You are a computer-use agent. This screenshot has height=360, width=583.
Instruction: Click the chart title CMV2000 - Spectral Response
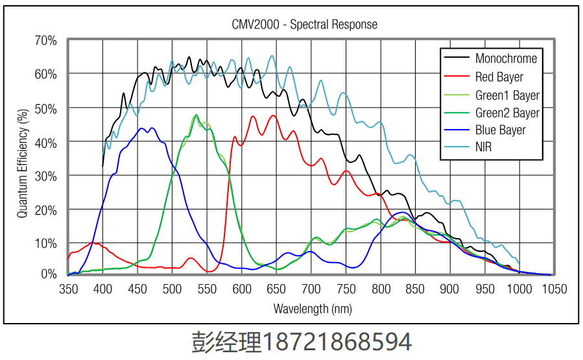(304, 25)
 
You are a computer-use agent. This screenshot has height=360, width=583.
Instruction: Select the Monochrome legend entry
(506, 58)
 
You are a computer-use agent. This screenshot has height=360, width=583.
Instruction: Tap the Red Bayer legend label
(499, 77)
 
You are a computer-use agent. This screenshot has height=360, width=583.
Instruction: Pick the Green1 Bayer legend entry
(507, 95)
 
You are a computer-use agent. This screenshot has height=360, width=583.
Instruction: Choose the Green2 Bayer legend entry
(507, 113)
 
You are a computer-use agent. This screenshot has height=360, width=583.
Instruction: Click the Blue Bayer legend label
(500, 130)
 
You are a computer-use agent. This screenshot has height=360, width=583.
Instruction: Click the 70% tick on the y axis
(46, 40)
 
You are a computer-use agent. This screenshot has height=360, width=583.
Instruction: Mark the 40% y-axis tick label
(46, 142)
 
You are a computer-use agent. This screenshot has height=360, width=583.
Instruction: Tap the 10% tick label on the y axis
(46, 243)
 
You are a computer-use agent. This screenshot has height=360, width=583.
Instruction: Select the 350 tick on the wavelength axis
(68, 289)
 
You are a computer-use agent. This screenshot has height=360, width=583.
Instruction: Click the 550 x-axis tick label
(207, 289)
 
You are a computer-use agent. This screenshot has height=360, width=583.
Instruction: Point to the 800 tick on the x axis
(381, 289)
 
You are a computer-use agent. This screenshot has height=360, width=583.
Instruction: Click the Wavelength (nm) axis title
(312, 309)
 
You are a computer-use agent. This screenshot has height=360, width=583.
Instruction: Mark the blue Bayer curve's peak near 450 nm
(141, 128)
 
